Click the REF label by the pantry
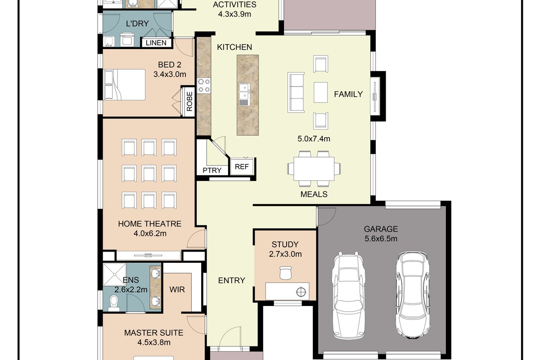coord(242,166)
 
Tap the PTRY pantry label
coord(212,171)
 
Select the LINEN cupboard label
coord(156,43)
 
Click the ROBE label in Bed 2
coord(189,101)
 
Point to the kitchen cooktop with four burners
coord(204,85)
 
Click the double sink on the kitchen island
coord(245,94)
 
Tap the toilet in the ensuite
coord(113,303)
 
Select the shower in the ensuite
coord(114,274)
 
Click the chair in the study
coord(285,273)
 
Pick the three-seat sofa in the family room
coord(296,92)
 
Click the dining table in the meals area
coord(314,169)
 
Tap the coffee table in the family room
coord(320,92)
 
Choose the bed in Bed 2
coord(125,85)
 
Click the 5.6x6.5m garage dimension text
coord(381,238)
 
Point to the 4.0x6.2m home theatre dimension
coord(150,234)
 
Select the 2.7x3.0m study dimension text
coord(285,254)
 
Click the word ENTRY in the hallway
coord(231,280)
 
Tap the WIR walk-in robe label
coord(177,289)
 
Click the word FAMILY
coord(348,94)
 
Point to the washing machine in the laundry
coord(127,40)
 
